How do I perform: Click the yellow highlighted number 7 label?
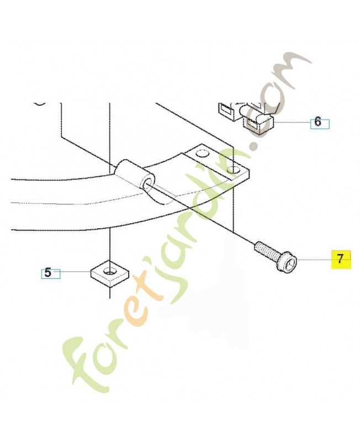click(x=341, y=259)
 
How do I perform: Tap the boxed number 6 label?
click(x=318, y=122)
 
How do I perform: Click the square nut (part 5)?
click(x=109, y=273)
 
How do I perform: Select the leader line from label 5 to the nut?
click(x=75, y=272)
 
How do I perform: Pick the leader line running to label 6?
click(x=291, y=122)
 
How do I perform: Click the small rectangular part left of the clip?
click(x=225, y=109)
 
